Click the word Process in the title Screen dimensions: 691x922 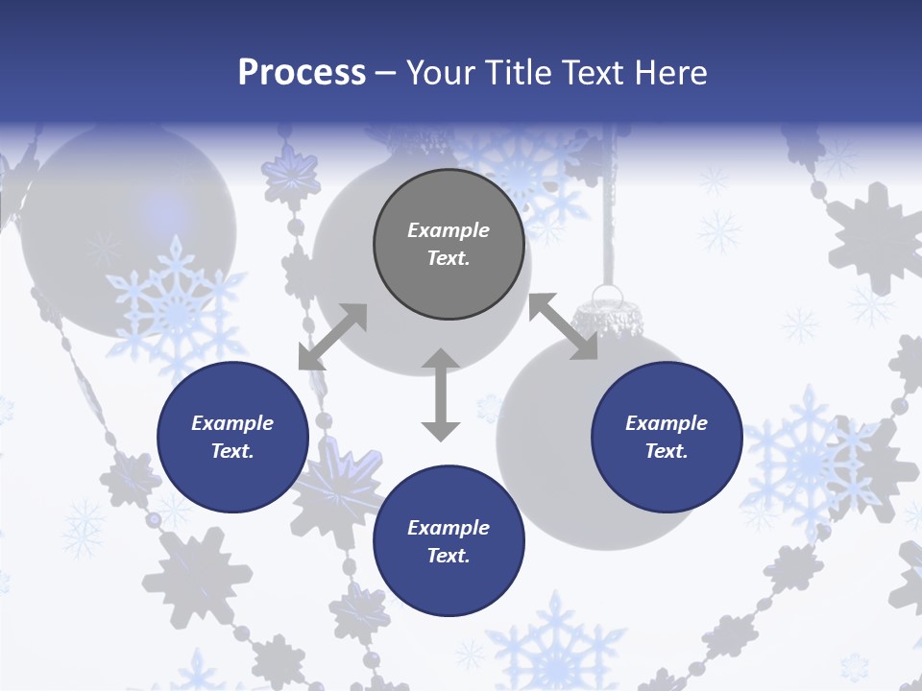point(302,73)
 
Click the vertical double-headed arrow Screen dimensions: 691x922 point(441,394)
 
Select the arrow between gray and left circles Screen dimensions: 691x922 point(332,337)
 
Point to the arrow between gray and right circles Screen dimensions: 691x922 point(563,326)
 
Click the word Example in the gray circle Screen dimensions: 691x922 point(449,230)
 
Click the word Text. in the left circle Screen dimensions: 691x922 point(232,451)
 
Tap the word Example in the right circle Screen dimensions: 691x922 point(667,423)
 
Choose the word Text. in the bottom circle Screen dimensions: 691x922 point(449,556)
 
